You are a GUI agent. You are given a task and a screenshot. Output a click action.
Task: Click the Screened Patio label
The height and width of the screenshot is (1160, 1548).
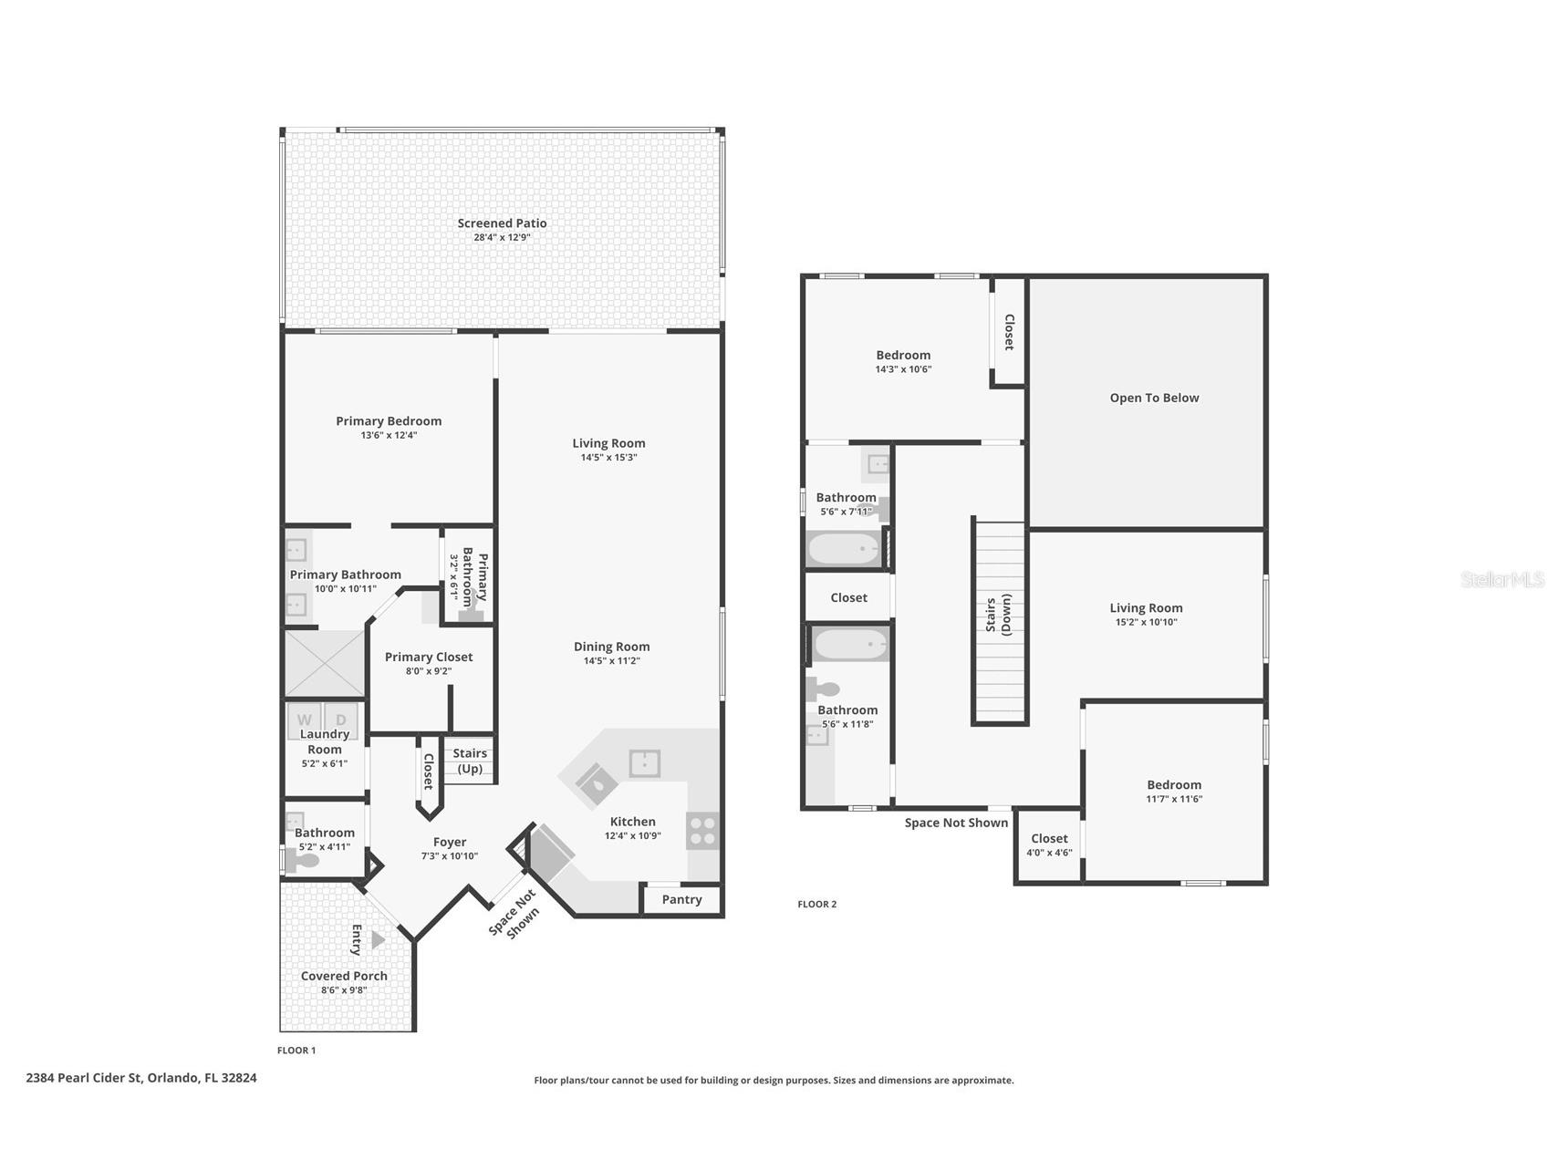pyautogui.click(x=502, y=223)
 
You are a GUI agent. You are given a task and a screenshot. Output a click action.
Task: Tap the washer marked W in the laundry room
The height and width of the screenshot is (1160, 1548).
pyautogui.click(x=305, y=720)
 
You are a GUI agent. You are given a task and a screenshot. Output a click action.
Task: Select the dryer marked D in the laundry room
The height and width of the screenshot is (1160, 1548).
pyautogui.click(x=340, y=720)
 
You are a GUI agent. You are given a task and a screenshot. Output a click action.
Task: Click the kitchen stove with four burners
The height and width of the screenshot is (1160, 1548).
pyautogui.click(x=703, y=831)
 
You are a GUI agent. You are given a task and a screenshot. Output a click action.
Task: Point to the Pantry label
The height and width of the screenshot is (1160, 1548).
pyautogui.click(x=681, y=900)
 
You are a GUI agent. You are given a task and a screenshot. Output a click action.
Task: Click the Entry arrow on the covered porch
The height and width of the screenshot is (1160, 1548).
pyautogui.click(x=378, y=939)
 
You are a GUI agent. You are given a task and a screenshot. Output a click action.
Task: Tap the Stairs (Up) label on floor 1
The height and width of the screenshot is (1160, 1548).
pyautogui.click(x=470, y=761)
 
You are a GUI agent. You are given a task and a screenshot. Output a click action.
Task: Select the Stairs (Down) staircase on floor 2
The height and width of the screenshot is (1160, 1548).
pyautogui.click(x=1001, y=623)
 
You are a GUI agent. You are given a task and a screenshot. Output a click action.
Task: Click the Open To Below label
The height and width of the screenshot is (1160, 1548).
pyautogui.click(x=1154, y=398)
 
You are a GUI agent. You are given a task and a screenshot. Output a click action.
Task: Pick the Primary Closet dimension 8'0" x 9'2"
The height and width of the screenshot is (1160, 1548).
pyautogui.click(x=429, y=671)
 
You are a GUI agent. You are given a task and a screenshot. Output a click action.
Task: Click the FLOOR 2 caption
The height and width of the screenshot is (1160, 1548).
pyautogui.click(x=816, y=904)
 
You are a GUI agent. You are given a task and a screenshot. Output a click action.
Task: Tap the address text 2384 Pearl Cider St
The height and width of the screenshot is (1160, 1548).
pyautogui.click(x=85, y=1077)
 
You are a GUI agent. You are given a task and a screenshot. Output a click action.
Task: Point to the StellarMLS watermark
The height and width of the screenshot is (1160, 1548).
pyautogui.click(x=1502, y=579)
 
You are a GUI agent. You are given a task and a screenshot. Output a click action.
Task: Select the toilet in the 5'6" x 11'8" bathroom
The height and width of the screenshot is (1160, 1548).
pyautogui.click(x=823, y=689)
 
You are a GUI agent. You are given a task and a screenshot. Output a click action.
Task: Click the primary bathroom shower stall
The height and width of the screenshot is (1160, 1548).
pyautogui.click(x=325, y=663)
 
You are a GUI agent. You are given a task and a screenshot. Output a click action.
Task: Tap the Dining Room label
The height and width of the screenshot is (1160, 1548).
pyautogui.click(x=611, y=647)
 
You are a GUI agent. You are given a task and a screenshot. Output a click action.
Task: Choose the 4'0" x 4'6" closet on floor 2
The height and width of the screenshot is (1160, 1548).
pyautogui.click(x=1049, y=846)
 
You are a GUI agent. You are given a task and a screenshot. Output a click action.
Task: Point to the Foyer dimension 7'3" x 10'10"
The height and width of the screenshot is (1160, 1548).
pyautogui.click(x=450, y=856)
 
